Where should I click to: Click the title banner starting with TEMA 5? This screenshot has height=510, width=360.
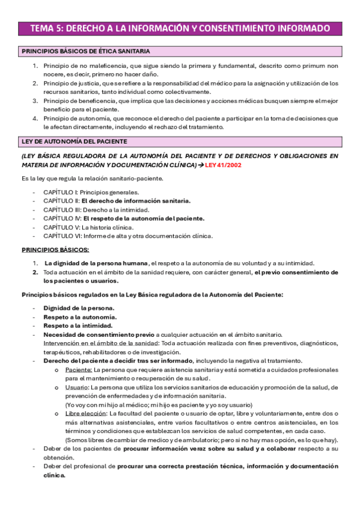(x=180, y=28)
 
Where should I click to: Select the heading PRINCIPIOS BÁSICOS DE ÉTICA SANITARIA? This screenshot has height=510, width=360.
(x=86, y=52)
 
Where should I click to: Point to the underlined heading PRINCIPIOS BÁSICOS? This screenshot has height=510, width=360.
(x=55, y=250)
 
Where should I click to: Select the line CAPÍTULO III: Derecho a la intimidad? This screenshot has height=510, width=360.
(x=96, y=210)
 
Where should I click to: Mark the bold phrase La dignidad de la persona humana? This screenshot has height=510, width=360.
(x=97, y=263)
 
